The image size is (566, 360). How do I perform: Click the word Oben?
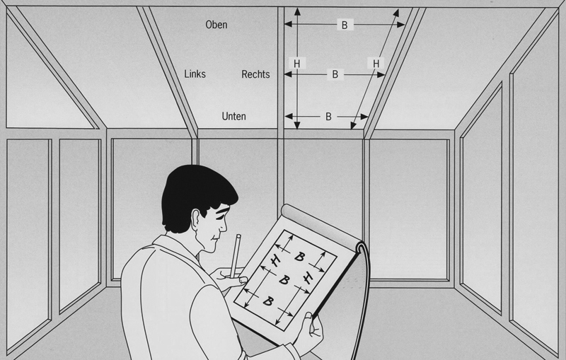pos(216,25)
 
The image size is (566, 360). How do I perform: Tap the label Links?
pos(195,74)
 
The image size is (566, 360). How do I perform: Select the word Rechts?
pos(255,74)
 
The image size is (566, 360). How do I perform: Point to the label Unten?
pos(233,116)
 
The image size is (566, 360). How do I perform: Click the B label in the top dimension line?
pos(345,25)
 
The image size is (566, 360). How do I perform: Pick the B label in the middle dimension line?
pos(335,74)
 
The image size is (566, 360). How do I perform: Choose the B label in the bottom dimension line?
pos(328,116)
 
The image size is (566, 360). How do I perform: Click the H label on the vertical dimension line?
pos(296,64)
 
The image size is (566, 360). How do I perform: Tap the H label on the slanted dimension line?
pos(376,64)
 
